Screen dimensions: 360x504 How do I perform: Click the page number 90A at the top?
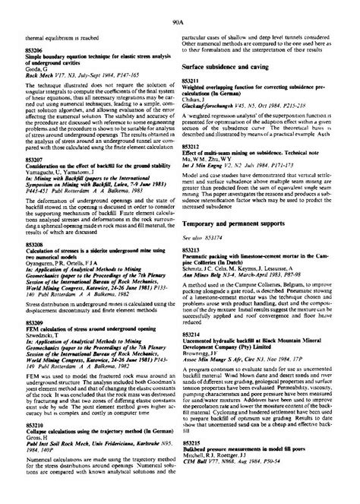pyautogui.click(x=180, y=7)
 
